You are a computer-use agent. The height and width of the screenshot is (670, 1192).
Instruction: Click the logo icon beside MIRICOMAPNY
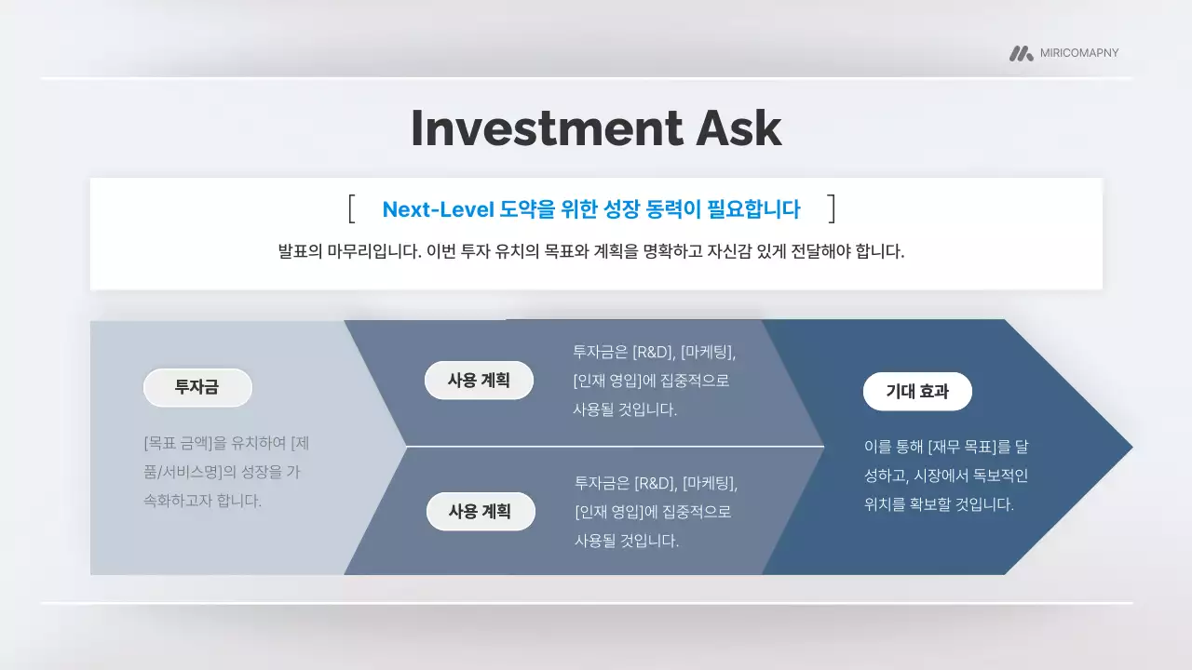click(x=1021, y=53)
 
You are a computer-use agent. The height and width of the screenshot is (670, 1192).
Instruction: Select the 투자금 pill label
click(x=197, y=387)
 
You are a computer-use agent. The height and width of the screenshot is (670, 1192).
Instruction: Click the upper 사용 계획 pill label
click(x=479, y=380)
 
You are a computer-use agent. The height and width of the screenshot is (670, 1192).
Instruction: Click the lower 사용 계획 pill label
click(x=481, y=511)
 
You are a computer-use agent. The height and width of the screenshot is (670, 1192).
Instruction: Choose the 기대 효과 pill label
click(x=917, y=391)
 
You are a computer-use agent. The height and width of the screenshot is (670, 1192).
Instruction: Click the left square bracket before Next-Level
click(x=352, y=208)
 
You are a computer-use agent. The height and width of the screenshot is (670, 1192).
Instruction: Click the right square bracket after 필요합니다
click(x=832, y=208)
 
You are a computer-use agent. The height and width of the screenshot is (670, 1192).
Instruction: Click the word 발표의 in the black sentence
click(x=300, y=251)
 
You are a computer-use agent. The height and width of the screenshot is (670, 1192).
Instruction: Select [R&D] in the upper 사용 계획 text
click(x=653, y=352)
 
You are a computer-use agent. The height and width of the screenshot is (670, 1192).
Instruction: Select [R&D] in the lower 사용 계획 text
click(x=655, y=483)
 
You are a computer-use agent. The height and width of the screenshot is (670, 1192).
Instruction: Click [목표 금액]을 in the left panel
click(x=186, y=442)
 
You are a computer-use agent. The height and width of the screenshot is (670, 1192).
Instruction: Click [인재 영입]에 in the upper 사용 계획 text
click(x=616, y=381)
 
